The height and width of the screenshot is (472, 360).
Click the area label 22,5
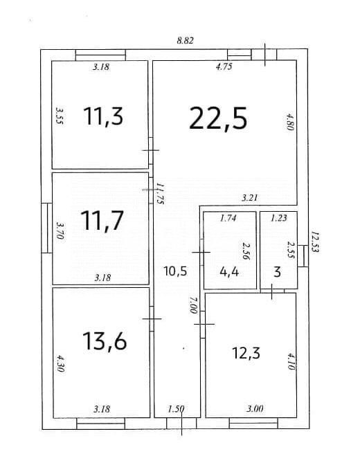(x=218, y=119)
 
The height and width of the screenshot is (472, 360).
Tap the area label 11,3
(x=103, y=116)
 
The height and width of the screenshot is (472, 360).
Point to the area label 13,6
(x=103, y=341)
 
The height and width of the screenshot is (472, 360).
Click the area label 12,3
(x=245, y=353)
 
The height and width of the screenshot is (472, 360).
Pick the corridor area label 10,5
(x=175, y=271)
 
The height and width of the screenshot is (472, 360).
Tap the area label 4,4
(x=229, y=272)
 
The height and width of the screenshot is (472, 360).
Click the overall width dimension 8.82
(x=185, y=41)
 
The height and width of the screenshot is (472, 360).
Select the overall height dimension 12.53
(x=314, y=242)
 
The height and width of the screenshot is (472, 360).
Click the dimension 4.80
(x=291, y=121)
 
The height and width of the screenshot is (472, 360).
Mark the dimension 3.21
(x=249, y=198)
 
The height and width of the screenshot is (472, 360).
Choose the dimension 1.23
(x=278, y=219)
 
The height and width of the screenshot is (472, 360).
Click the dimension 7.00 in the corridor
(x=194, y=305)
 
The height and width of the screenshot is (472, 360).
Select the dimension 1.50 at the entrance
(x=176, y=409)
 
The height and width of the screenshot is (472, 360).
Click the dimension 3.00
(x=255, y=409)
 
